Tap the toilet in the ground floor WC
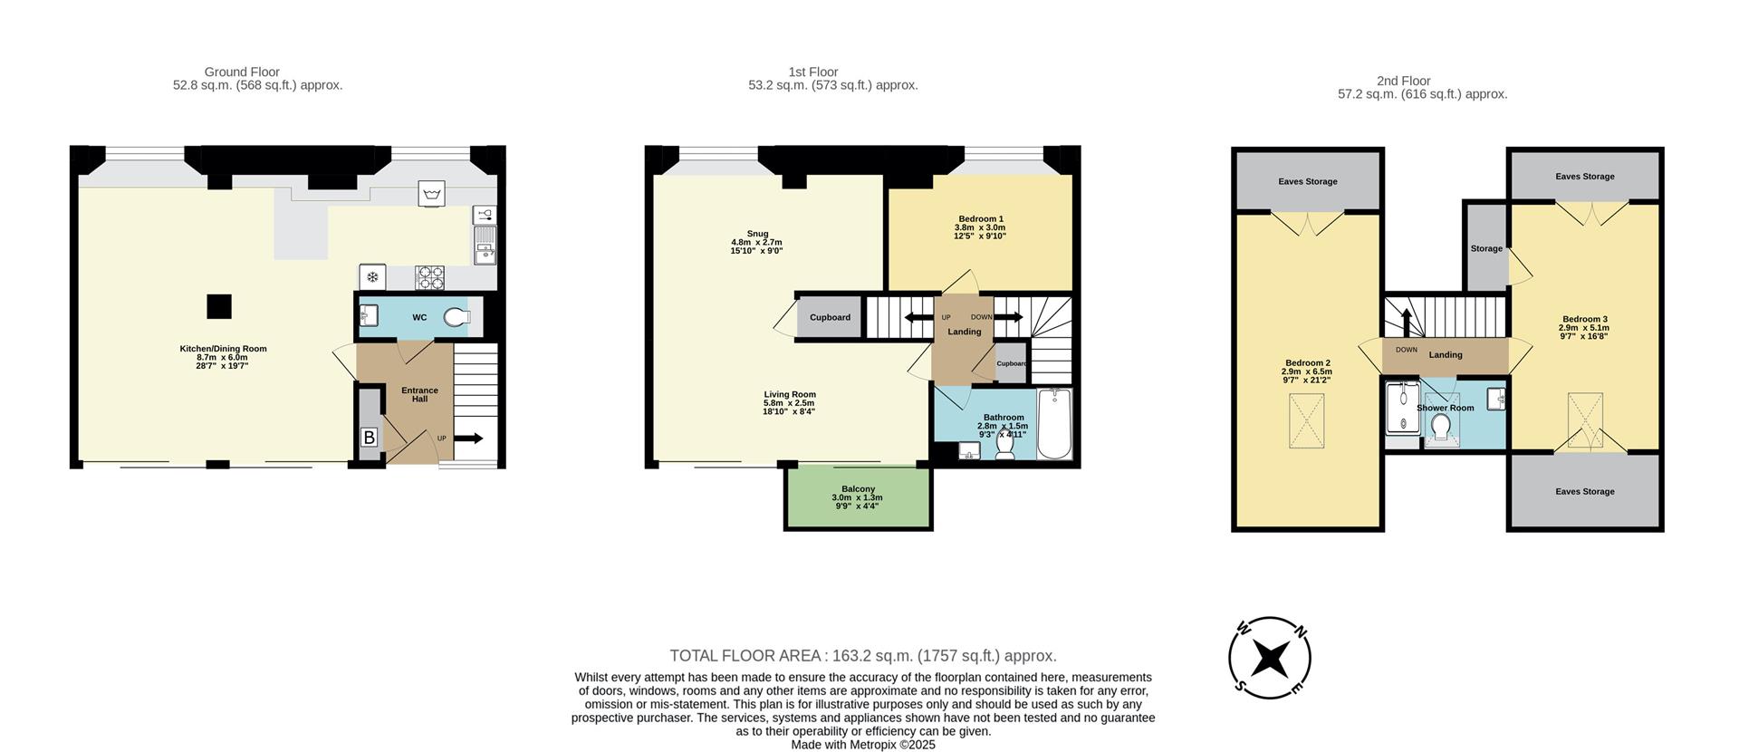coord(457,317)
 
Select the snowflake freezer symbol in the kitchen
coord(371,277)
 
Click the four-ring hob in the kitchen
coord(429,276)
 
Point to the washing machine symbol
coord(432,194)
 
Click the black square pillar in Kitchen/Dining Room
coord(218,307)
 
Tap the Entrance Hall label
coord(419,395)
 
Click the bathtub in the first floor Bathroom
coord(1053,423)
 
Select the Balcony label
coord(858,494)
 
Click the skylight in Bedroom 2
coord(1306,421)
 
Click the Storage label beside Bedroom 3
coord(1486,248)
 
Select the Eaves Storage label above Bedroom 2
coord(1307,181)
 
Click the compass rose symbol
coord(1270,659)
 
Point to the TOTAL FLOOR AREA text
coord(862,656)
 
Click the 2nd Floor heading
coord(1403,81)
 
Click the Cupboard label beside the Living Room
coord(830,317)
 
